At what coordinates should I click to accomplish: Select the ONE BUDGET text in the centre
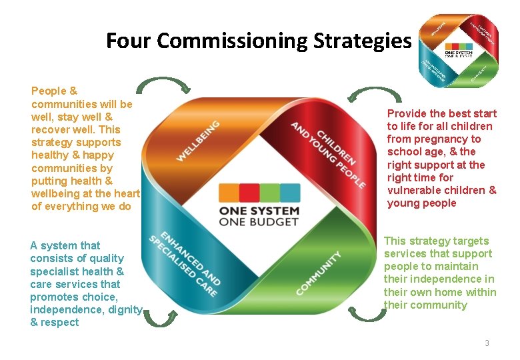259,222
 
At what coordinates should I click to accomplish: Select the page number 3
487,343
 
